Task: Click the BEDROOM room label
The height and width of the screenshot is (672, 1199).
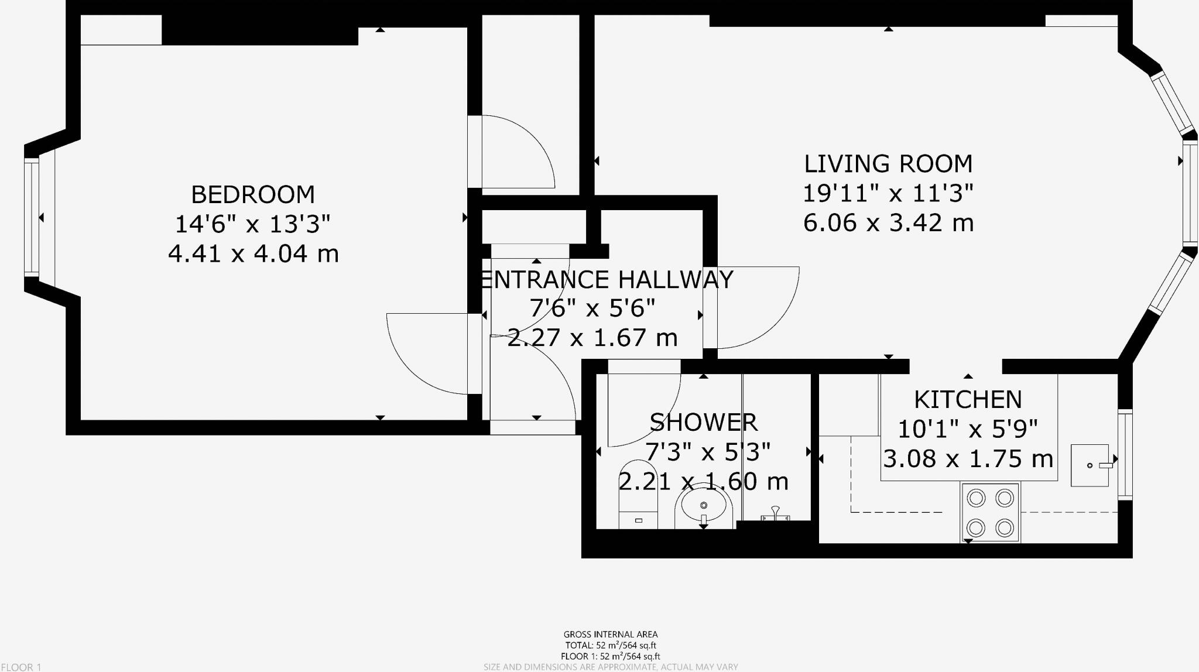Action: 253,194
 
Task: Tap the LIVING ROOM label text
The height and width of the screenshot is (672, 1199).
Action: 888,164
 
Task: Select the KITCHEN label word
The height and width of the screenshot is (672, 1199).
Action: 968,400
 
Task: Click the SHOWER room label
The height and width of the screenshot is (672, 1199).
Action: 704,422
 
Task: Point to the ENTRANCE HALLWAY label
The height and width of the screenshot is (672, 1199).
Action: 606,280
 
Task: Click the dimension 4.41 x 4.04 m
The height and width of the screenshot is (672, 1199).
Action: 253,254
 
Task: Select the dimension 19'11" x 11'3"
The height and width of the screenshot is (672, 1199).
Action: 888,193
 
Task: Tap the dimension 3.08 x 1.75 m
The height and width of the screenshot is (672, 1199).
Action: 968,458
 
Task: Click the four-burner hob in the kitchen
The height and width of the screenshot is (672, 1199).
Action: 990,513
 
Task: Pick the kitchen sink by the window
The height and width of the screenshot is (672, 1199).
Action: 1090,465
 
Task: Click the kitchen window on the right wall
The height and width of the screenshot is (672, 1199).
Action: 1125,455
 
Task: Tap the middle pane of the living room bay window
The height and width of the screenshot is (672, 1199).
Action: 1189,193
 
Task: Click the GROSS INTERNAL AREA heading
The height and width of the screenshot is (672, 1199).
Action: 610,634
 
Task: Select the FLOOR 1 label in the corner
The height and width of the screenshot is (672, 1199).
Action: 21,667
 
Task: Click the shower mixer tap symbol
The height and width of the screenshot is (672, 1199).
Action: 775,515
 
